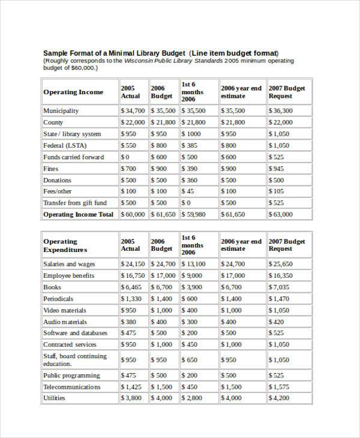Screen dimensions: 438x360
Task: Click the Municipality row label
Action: coord(61,111)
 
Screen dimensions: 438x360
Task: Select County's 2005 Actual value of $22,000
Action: coord(133,122)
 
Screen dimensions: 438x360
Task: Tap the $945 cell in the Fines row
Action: coord(277,169)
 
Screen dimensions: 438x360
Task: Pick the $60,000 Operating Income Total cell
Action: coord(133,214)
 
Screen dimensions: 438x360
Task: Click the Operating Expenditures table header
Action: coord(65,245)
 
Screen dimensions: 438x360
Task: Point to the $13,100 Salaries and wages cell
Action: coord(193,264)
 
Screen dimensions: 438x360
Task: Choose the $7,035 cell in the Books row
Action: coord(279,287)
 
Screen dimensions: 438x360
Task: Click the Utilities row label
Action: coord(55,398)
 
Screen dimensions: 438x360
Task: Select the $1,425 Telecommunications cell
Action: coord(131,387)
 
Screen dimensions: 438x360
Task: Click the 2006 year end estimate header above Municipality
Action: coord(241,92)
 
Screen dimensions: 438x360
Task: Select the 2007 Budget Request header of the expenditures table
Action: coord(287,245)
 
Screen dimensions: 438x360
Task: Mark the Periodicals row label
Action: coord(58,299)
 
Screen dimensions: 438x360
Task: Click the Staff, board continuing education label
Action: coord(75,359)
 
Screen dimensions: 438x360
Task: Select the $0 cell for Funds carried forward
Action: coord(125,157)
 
